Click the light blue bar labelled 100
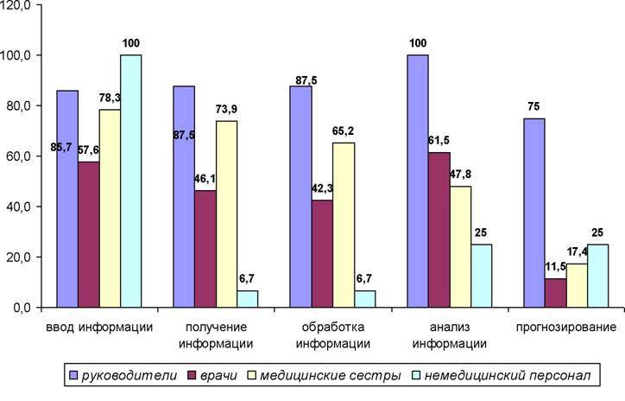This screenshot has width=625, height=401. click(x=130, y=181)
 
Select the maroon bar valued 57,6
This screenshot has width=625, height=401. click(x=89, y=234)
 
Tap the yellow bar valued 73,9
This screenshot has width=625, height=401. click(x=226, y=214)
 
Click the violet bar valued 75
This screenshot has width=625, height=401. click(x=534, y=213)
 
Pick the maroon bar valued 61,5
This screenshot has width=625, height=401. click(x=439, y=230)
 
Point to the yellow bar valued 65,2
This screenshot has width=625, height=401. click(x=344, y=225)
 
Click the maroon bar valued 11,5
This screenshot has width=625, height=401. click(x=556, y=293)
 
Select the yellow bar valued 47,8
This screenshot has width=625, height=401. click(x=460, y=247)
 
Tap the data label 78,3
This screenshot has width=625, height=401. click(x=110, y=98)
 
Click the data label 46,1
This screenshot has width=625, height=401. click(x=205, y=179)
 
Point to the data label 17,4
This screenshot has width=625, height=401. click(x=578, y=251)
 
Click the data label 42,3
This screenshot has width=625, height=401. click(x=322, y=188)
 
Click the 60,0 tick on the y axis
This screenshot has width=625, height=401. click(x=39, y=156)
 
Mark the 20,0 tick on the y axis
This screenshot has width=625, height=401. click(x=39, y=257)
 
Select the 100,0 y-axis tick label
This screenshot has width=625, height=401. click(x=16, y=55)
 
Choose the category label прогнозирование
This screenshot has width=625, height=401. click(x=566, y=328)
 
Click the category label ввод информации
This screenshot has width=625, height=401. click(x=99, y=328)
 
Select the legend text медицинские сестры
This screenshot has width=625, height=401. click(x=331, y=375)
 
